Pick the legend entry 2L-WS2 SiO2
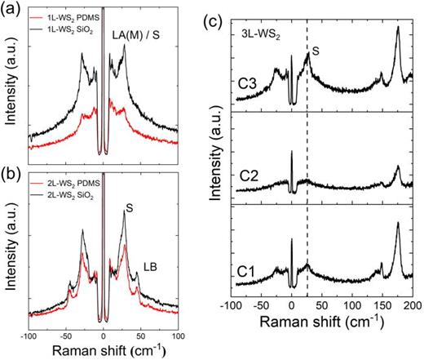coord(72,194)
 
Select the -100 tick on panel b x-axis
coord(29,336)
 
